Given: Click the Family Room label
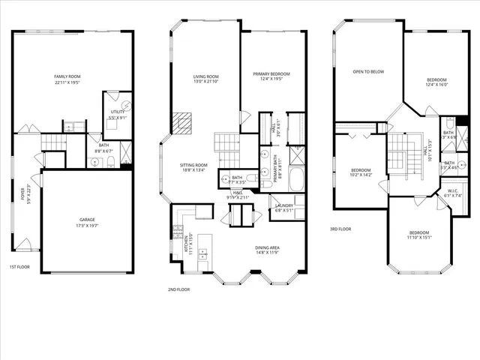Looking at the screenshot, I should (66, 79).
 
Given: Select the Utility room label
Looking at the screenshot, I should (118, 115).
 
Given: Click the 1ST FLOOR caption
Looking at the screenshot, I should (20, 267).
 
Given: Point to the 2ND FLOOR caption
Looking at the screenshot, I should (179, 289).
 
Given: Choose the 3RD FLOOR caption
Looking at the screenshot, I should (340, 229).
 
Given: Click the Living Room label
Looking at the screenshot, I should (205, 79).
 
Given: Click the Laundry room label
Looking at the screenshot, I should (283, 208).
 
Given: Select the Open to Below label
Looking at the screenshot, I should (368, 72).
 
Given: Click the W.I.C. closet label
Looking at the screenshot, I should (452, 193).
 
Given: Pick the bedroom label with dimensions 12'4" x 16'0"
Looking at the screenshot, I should (436, 82).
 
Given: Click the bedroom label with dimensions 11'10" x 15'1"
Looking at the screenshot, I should (419, 235).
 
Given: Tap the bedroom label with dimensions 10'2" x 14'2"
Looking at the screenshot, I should (362, 173).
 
